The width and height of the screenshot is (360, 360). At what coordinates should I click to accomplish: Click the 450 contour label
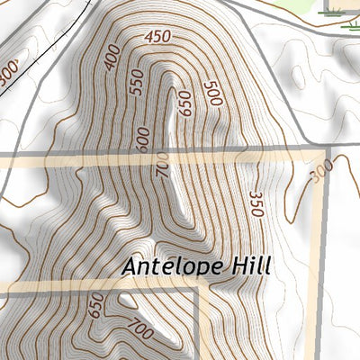coord(157,37)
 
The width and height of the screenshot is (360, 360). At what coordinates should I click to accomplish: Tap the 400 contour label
coord(112,58)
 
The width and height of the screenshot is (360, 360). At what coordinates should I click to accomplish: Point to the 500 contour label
coord(212,94)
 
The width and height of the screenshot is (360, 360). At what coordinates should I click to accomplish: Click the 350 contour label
coord(256,204)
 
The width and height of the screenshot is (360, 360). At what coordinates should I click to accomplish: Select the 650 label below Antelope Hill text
coord(95,306)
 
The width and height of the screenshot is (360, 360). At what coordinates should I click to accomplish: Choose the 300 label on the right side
coord(319,170)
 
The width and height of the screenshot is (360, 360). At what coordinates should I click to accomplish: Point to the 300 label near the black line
coord(9,73)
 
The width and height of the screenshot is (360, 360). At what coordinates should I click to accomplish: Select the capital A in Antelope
coord(131,266)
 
